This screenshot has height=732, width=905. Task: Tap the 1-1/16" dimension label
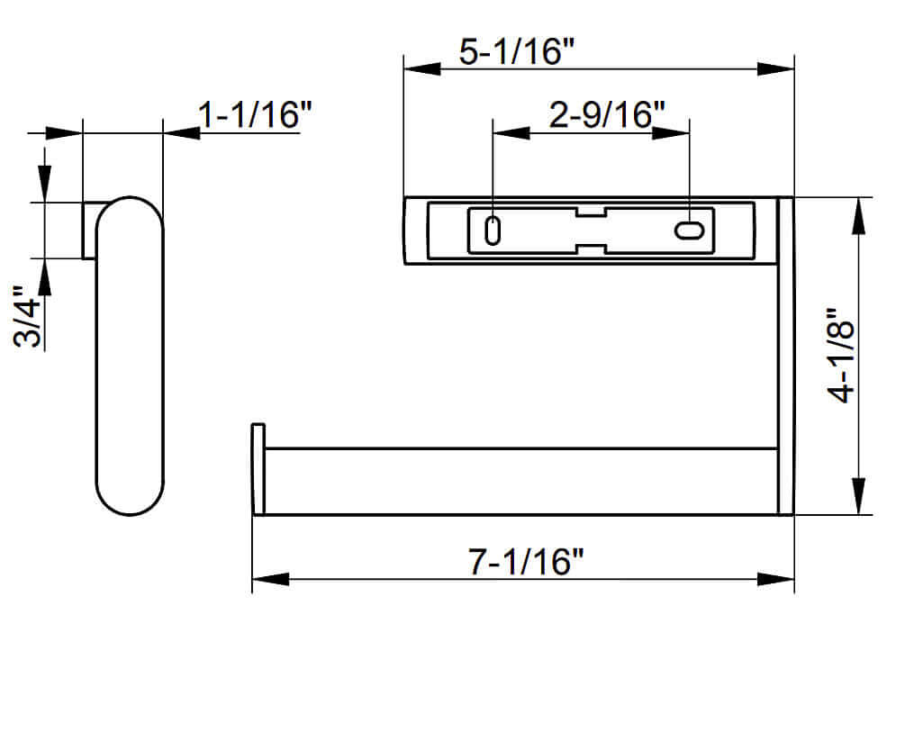click(255, 115)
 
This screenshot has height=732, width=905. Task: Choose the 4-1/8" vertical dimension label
click(842, 357)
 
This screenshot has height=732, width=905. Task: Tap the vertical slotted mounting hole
click(492, 230)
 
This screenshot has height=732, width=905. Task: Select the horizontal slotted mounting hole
click(689, 230)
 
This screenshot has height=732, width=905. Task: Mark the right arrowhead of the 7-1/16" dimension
click(776, 579)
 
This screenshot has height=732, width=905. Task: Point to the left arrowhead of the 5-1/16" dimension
click(421, 68)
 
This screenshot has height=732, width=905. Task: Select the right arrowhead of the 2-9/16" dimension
click(671, 132)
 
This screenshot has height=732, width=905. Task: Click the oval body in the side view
click(130, 356)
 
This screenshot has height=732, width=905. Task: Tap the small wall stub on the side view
click(88, 230)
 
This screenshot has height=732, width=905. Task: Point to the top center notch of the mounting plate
click(591, 212)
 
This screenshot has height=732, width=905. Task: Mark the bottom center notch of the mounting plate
click(591, 249)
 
